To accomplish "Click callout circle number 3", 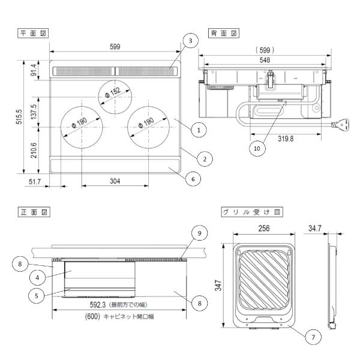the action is (x=190, y=41).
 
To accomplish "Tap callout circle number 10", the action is (x=257, y=148).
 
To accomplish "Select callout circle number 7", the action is (x=313, y=337).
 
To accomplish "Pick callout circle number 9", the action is (x=199, y=233).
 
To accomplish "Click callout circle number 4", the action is (x=37, y=278).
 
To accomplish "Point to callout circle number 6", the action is (x=193, y=179).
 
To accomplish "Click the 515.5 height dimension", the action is (x=19, y=117).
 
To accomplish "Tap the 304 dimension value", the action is (x=115, y=181).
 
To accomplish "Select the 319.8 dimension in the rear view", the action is (x=286, y=139).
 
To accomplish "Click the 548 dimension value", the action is (x=265, y=60).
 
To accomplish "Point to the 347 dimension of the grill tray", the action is (x=218, y=286).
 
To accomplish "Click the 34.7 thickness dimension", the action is (x=315, y=228).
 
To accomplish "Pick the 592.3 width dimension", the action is (x=98, y=305).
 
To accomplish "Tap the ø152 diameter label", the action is (x=113, y=92).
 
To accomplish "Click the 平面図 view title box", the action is (x=33, y=33).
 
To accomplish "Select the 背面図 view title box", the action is (x=224, y=33).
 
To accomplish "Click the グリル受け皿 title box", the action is (x=252, y=212).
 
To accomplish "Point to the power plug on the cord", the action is (x=341, y=125).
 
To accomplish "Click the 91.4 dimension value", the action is (x=34, y=70).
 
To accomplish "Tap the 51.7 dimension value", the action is (x=35, y=182).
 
